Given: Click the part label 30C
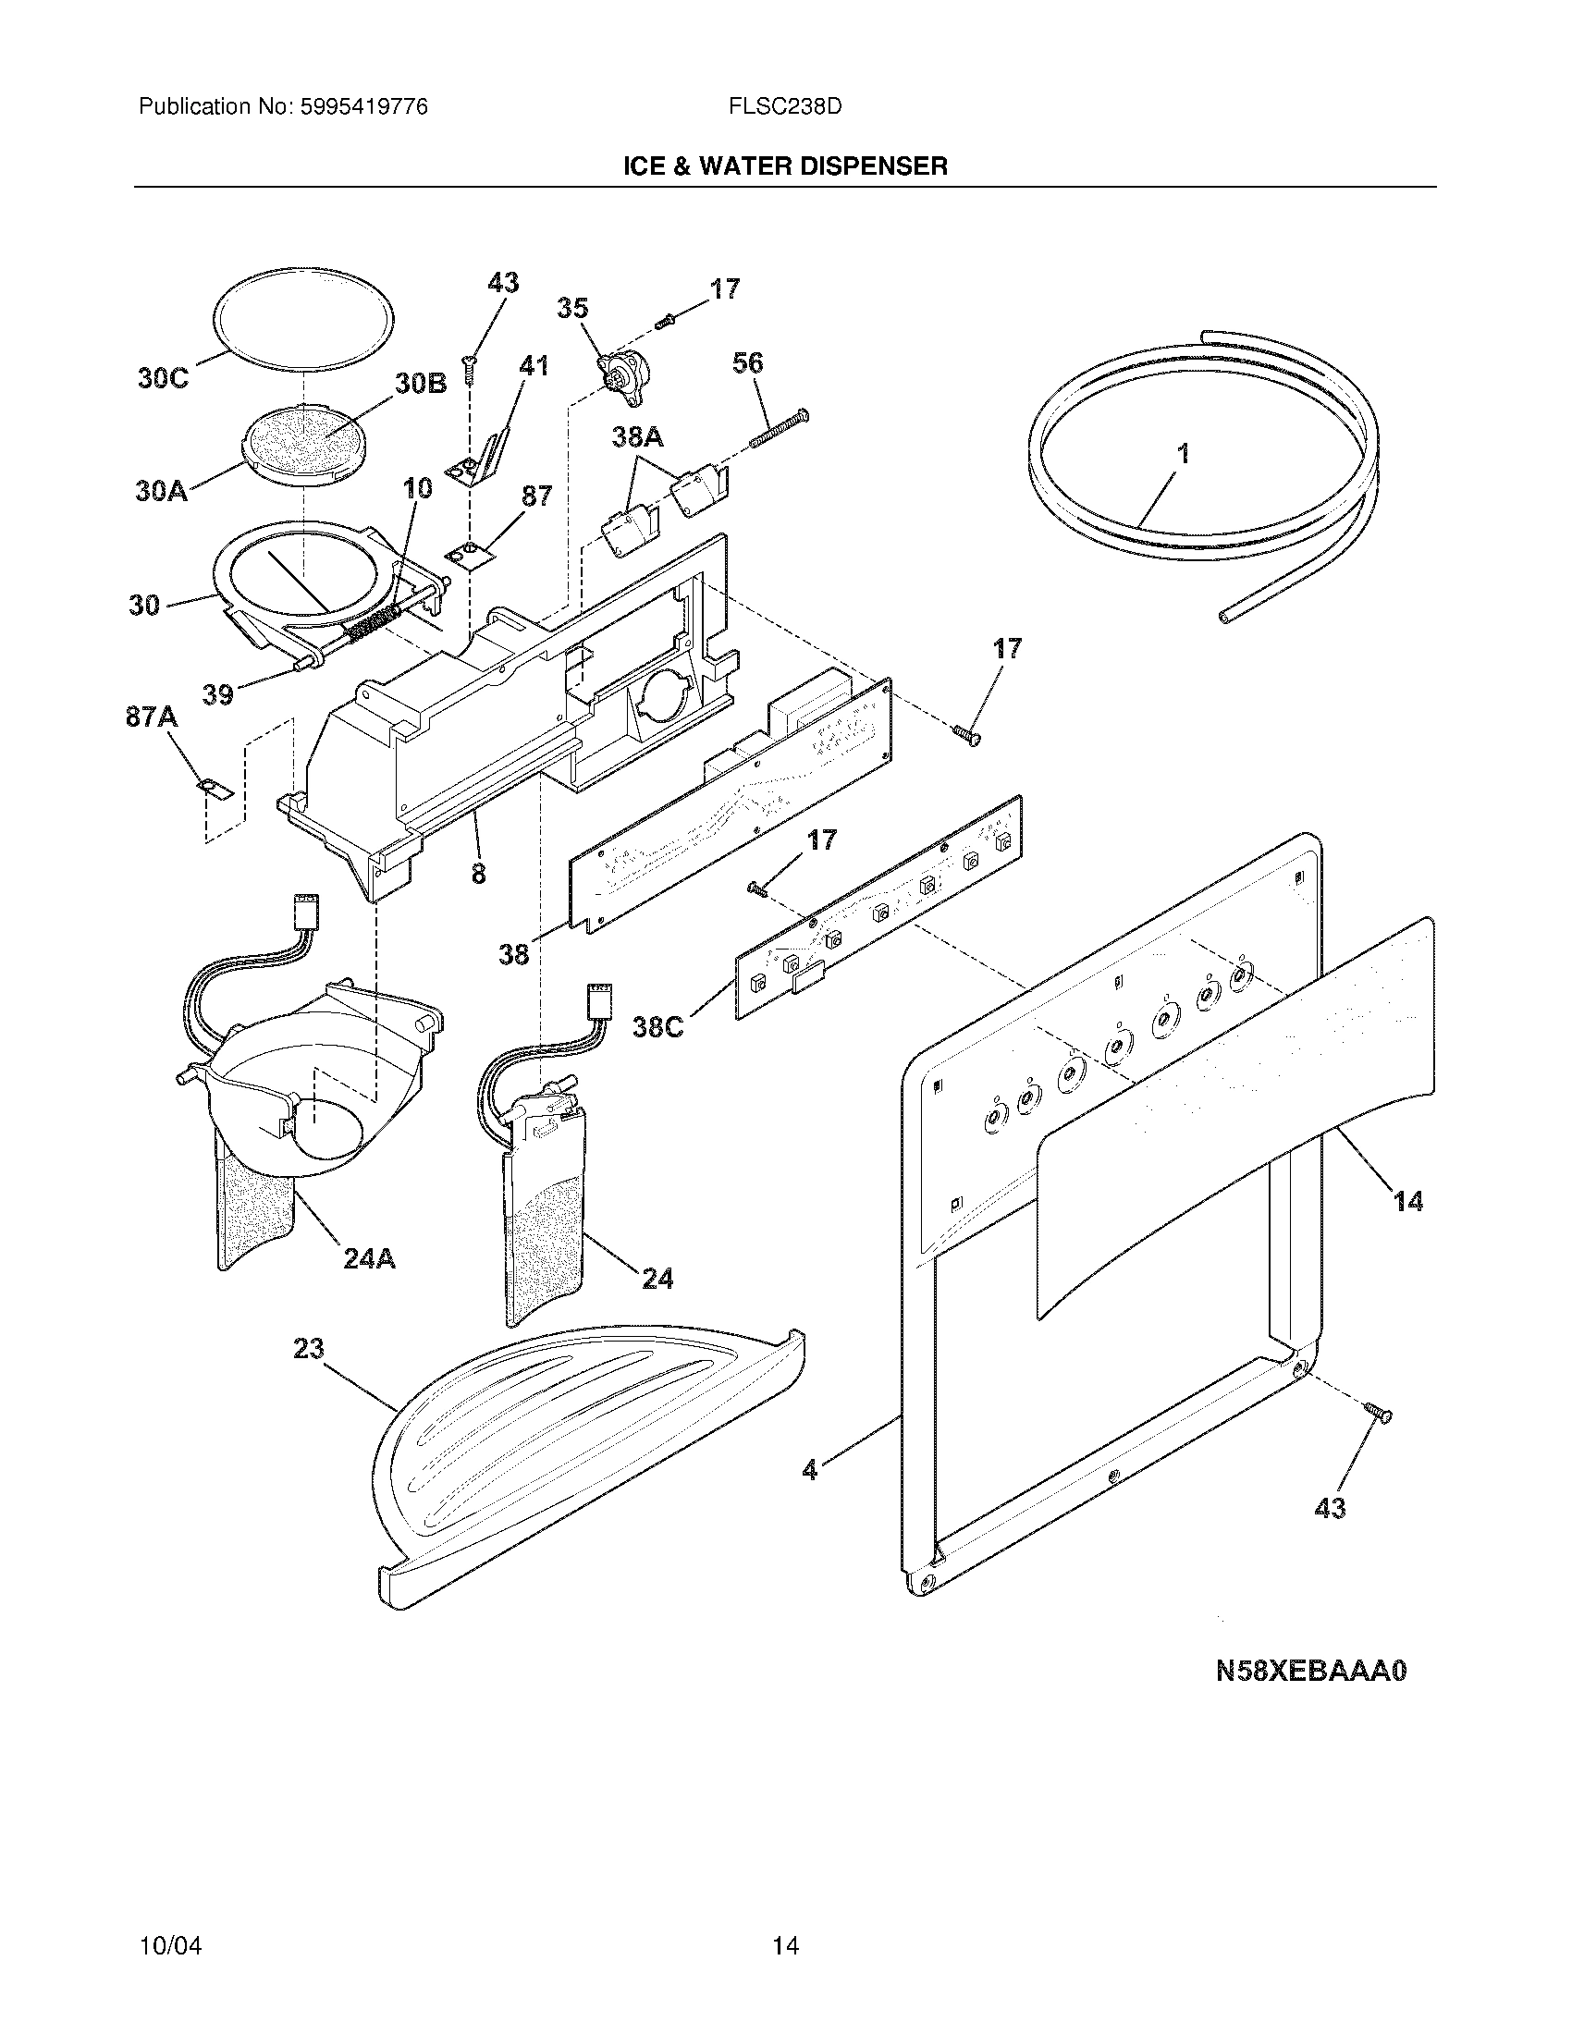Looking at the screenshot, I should [x=163, y=379].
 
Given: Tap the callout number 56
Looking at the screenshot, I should [x=748, y=363].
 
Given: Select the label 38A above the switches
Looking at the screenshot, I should [x=638, y=436].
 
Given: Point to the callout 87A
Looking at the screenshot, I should [x=151, y=717].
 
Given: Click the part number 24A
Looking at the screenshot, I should [x=369, y=1259].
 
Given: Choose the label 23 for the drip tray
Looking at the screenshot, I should [x=308, y=1348].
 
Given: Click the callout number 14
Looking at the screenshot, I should [x=1407, y=1202].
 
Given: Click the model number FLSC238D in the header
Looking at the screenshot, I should [x=786, y=107].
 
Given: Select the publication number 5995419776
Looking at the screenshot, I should [x=363, y=107].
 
